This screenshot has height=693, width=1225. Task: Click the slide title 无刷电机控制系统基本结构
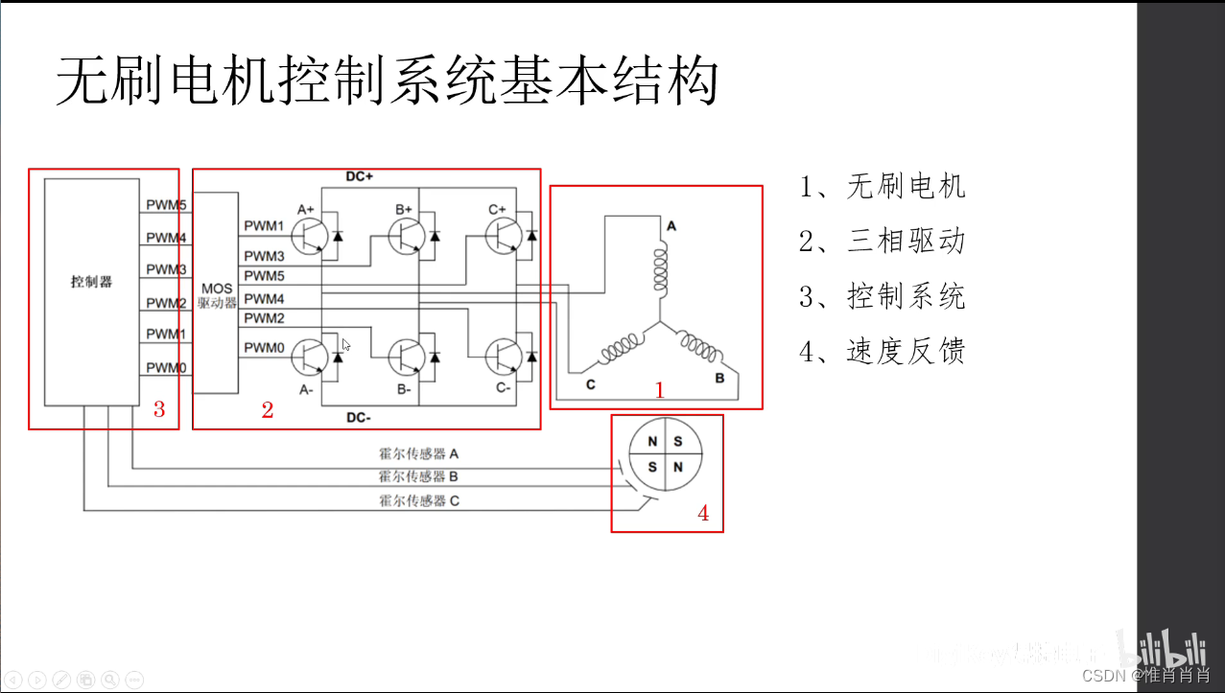tap(387, 81)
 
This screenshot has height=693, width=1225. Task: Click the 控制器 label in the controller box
tap(91, 282)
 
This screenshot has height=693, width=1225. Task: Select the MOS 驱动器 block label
tap(217, 295)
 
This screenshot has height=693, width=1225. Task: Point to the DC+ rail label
tap(360, 177)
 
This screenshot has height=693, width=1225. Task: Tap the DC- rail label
tap(360, 418)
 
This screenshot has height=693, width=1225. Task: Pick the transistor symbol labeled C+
tap(504, 234)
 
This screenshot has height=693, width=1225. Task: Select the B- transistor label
tap(403, 389)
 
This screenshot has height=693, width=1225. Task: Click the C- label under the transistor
tap(503, 389)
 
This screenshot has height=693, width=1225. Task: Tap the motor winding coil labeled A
tap(659, 269)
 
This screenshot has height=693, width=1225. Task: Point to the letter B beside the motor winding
tap(719, 379)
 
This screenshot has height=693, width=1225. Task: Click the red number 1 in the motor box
tap(659, 390)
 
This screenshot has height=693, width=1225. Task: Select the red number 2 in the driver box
tap(268, 410)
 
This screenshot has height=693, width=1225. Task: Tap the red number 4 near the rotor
tap(703, 514)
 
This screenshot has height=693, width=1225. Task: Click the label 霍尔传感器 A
tap(419, 453)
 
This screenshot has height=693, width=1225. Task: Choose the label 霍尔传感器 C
tap(419, 500)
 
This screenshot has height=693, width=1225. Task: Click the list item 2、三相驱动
tap(882, 241)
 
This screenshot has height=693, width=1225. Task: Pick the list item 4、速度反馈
tap(882, 352)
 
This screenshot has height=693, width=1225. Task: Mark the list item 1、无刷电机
tap(882, 186)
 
